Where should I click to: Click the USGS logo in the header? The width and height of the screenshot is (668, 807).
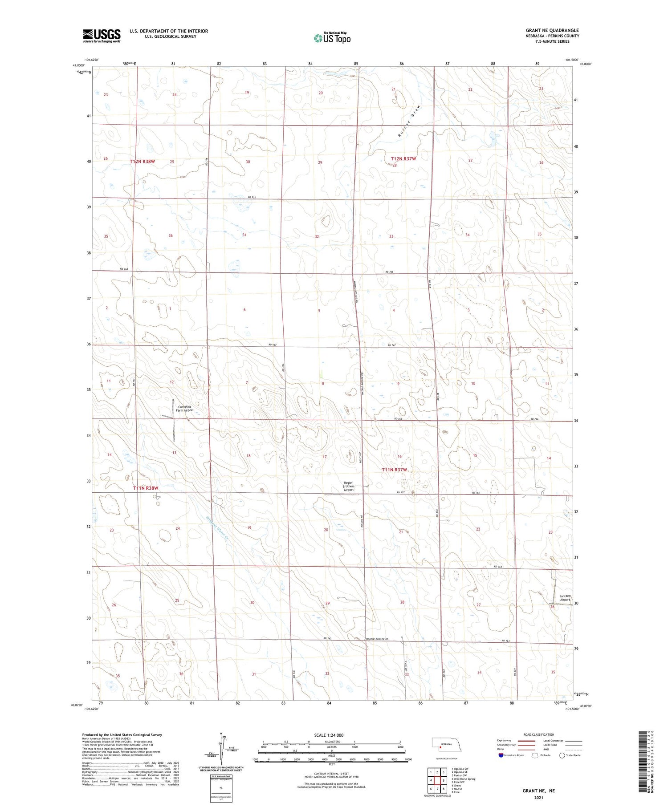(x=102, y=36)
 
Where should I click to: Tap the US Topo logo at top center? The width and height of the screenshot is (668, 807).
(x=332, y=38)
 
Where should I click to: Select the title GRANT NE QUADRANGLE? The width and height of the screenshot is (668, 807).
(x=552, y=30)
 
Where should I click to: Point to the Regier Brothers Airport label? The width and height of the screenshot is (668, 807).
(x=349, y=487)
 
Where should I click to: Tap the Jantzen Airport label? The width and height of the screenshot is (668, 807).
(x=565, y=598)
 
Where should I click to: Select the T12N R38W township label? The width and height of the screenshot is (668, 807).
(x=143, y=161)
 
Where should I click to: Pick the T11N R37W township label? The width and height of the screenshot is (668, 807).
(x=395, y=470)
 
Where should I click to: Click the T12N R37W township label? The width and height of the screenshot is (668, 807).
(x=403, y=158)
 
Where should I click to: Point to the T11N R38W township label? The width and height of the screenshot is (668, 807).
(x=146, y=488)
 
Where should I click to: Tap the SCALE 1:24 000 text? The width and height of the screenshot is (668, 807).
(x=329, y=735)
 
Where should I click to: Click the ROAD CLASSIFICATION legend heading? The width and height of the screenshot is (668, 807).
(x=538, y=734)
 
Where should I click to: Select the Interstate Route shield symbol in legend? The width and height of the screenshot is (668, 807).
(x=502, y=755)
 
